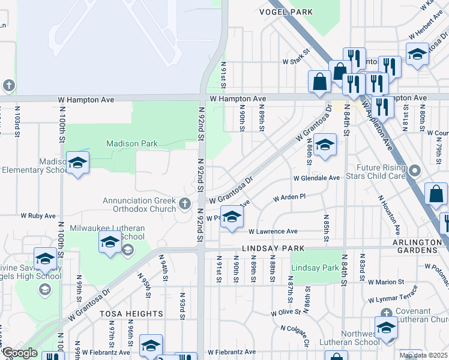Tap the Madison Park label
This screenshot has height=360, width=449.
(x=132, y=143)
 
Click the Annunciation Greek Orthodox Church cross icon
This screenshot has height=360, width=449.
(x=186, y=205)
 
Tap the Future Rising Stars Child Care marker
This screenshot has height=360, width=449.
(x=414, y=173)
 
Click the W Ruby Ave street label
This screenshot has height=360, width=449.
(x=38, y=215)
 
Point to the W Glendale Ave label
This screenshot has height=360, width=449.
(x=316, y=178)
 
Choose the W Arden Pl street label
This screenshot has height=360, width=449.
(x=289, y=197)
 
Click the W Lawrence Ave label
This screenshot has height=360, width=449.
(x=273, y=231)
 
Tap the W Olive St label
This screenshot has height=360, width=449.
(x=285, y=313)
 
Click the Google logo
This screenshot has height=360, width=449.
(x=20, y=353)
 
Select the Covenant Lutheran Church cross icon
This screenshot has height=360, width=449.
(x=386, y=312)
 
